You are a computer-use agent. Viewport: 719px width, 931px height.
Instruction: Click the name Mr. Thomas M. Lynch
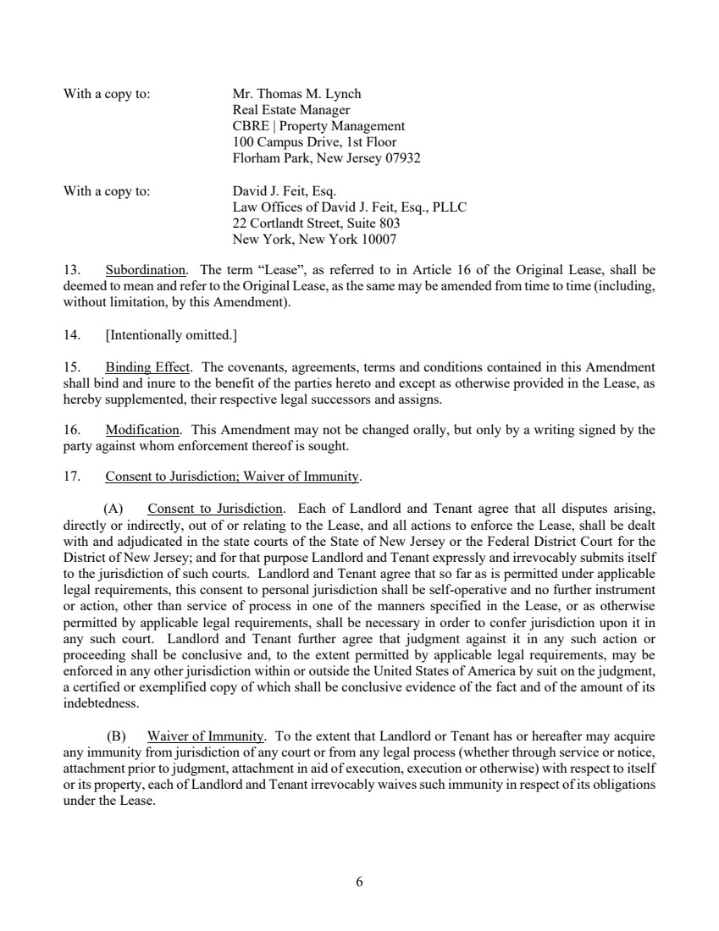point(296,94)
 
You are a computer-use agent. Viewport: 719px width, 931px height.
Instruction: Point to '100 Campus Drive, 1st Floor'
point(314,142)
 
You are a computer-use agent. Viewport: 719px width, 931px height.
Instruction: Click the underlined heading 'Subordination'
point(146,271)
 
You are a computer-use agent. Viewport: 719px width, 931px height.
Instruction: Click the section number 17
point(72,477)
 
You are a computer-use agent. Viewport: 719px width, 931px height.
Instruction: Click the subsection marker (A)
point(113,510)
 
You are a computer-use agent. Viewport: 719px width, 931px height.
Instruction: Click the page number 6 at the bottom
point(359,882)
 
